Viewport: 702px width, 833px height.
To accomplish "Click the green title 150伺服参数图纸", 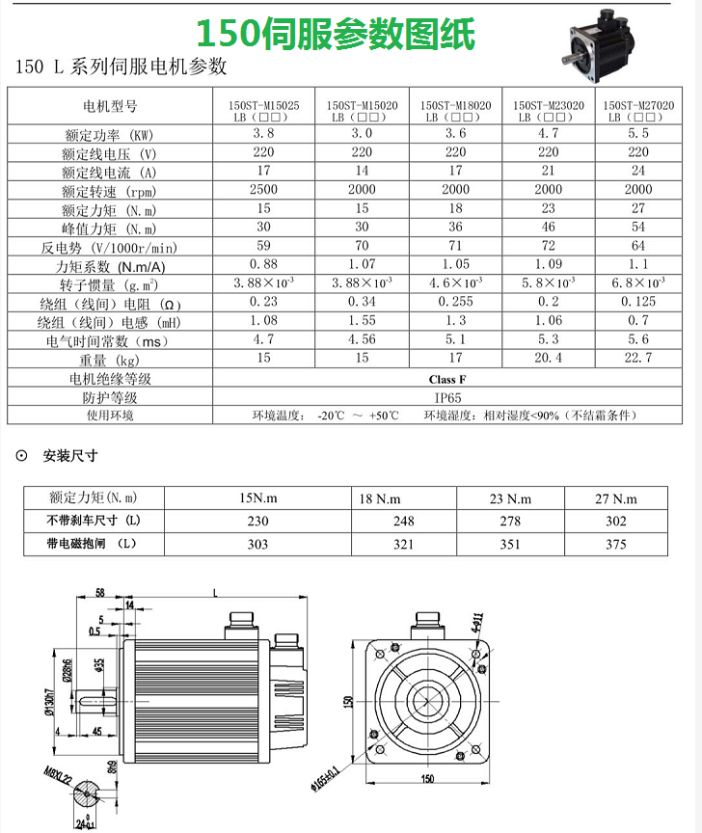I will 337,35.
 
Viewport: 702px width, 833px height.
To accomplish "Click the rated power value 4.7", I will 548,133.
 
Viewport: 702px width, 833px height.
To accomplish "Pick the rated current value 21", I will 548,172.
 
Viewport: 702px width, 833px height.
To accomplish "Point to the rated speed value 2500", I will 263,190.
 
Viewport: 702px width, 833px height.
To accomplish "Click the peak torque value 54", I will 638,228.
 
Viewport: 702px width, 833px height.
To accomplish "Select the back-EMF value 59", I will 263,246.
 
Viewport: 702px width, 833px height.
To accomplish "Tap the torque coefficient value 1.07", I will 362,264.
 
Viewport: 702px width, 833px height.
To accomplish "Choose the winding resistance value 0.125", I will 638,302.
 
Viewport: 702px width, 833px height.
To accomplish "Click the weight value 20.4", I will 548,358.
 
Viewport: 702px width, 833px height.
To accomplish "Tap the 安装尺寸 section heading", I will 70,455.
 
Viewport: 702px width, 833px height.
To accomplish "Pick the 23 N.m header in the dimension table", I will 510,498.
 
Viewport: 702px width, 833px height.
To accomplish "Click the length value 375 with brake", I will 615,545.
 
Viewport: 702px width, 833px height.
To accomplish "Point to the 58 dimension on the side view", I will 100,591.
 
